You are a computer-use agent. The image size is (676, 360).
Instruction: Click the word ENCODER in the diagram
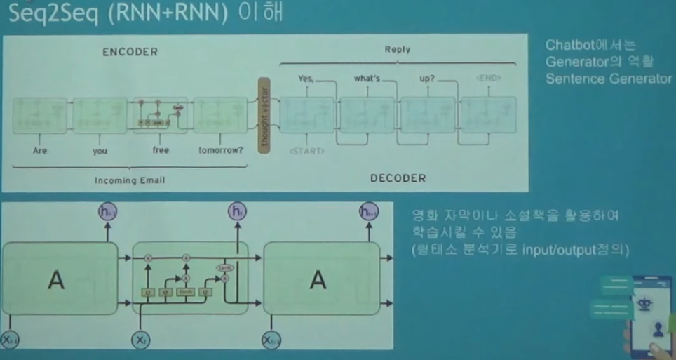click(130, 52)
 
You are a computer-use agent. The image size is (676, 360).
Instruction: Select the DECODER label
click(398, 178)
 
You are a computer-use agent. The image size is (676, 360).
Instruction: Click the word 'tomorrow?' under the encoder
click(221, 150)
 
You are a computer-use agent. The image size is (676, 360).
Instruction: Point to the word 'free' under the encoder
click(161, 150)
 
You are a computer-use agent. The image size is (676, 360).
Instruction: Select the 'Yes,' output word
click(305, 79)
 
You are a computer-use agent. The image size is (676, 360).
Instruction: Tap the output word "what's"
click(366, 79)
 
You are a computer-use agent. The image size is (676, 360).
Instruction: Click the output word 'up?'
click(427, 79)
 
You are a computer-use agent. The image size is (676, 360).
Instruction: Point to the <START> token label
click(306, 151)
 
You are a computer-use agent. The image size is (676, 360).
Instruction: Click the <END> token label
click(488, 77)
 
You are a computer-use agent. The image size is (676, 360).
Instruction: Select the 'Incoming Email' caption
click(130, 180)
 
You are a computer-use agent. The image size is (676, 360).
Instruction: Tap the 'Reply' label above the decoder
click(397, 50)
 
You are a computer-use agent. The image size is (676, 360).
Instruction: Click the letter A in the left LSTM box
click(55, 281)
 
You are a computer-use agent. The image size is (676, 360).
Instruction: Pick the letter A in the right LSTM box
click(318, 281)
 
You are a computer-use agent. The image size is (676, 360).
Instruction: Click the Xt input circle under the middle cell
click(140, 340)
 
